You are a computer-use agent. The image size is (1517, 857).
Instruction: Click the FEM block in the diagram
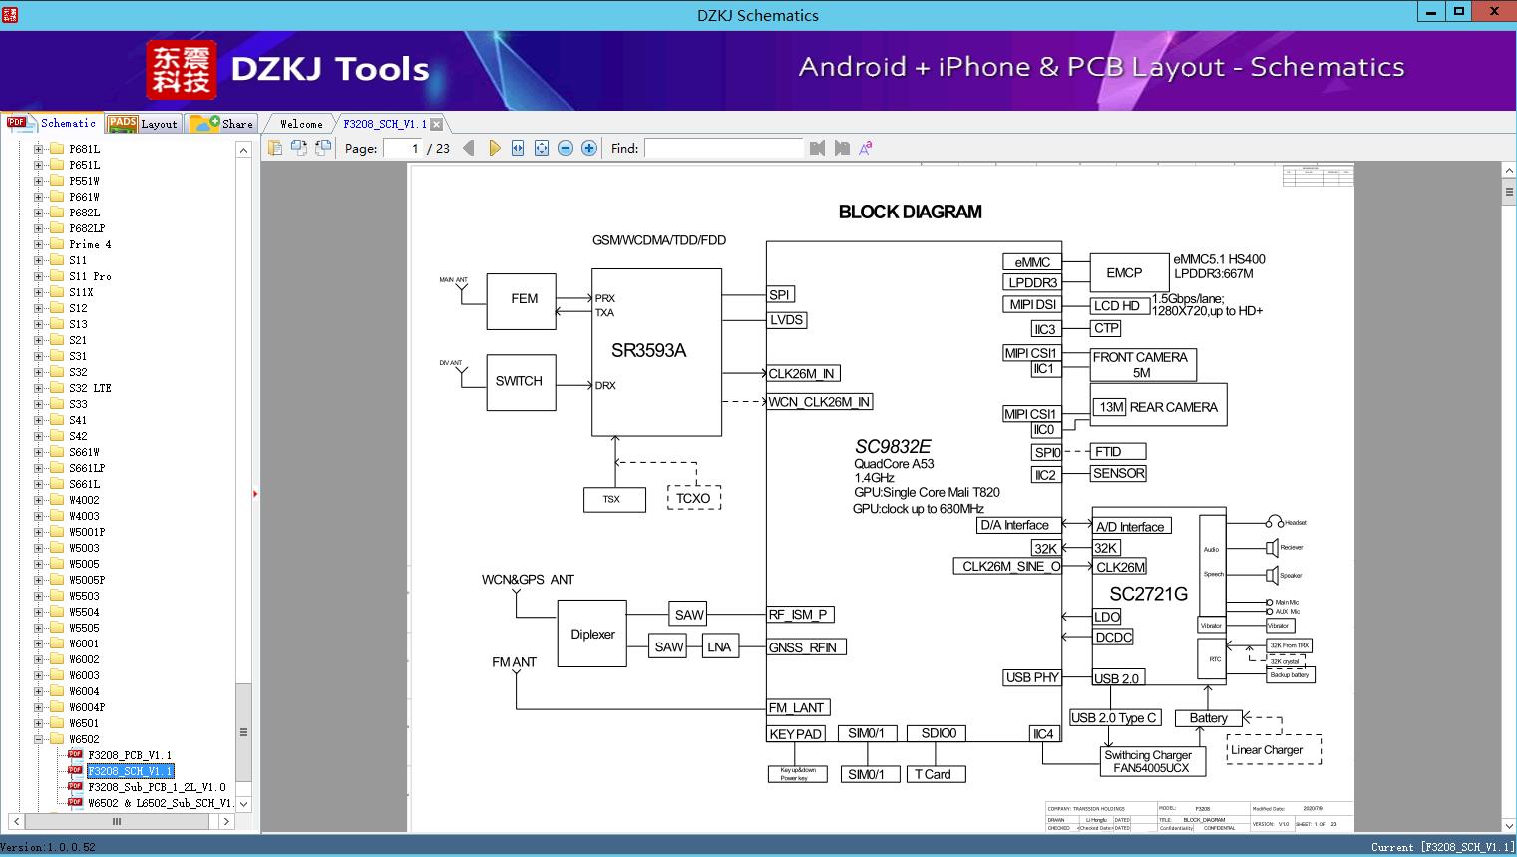coord(522,299)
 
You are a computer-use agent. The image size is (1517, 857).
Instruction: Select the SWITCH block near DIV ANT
coord(519,381)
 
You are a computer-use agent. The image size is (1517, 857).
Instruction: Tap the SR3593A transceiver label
coord(648,350)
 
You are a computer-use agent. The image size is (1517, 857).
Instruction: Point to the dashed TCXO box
coord(692,498)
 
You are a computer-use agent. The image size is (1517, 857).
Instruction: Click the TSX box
coord(611,499)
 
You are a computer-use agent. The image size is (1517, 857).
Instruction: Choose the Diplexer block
coord(592,635)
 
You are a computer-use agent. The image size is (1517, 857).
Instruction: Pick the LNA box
coord(719,646)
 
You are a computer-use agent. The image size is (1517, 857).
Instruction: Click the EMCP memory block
coord(1124,272)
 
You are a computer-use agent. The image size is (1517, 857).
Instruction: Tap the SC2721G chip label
coord(1148,594)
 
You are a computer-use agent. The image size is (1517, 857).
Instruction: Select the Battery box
coord(1208,718)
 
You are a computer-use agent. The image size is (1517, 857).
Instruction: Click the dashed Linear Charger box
coord(1267,750)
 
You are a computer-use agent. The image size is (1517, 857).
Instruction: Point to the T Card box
coord(933,774)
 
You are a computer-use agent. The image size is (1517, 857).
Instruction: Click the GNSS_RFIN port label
coord(804,647)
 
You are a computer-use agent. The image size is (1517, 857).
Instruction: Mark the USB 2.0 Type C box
coord(1113,718)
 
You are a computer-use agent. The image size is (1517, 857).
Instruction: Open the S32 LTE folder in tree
coord(90,388)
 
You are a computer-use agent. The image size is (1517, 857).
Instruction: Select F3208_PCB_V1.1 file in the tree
coord(130,755)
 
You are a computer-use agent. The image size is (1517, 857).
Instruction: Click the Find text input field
coord(723,148)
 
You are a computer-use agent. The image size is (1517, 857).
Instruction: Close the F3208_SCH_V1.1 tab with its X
coord(436,124)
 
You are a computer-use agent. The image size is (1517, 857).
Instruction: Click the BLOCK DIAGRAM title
coord(910,212)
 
